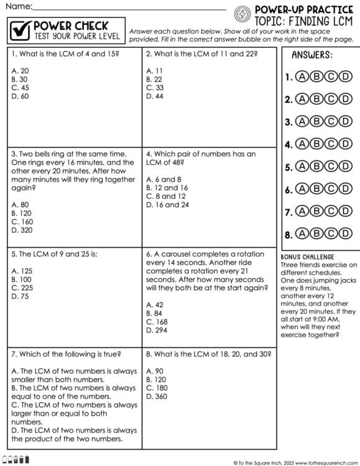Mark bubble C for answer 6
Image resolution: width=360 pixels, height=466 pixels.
pos(331,189)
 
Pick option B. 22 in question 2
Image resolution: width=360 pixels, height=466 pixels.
pos(155,80)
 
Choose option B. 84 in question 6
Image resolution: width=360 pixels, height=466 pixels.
pos(155,313)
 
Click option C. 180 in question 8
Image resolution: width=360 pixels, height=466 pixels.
pos(156,388)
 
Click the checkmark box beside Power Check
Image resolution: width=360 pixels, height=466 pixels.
pos(20,30)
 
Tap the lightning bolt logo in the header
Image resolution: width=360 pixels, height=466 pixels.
pos(242,13)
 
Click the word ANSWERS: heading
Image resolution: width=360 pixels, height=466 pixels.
pos(312,55)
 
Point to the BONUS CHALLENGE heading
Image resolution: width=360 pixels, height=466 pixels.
pos(307,257)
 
